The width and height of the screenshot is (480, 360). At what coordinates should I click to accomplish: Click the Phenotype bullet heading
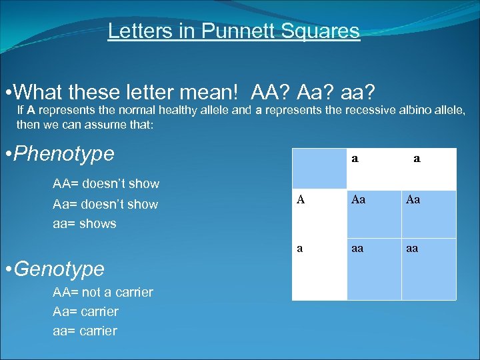tap(64, 154)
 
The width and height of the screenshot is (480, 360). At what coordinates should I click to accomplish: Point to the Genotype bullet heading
tap(59, 269)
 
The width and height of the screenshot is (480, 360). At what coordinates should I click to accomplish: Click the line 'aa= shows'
tap(84, 224)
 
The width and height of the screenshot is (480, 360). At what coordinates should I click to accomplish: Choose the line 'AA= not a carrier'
tap(103, 292)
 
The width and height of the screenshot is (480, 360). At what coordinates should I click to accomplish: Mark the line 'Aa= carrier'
tap(85, 311)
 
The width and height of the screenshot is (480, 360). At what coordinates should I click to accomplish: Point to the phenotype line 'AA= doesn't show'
tap(105, 183)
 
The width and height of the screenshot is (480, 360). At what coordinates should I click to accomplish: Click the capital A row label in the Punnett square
tap(301, 199)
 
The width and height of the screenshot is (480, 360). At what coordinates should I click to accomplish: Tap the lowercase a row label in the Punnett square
tap(300, 247)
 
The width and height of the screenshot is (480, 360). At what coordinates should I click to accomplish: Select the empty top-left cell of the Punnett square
tap(315, 169)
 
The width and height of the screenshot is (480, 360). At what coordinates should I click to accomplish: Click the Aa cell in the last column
tap(413, 199)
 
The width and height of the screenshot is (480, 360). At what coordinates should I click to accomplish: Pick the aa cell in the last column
tap(413, 247)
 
